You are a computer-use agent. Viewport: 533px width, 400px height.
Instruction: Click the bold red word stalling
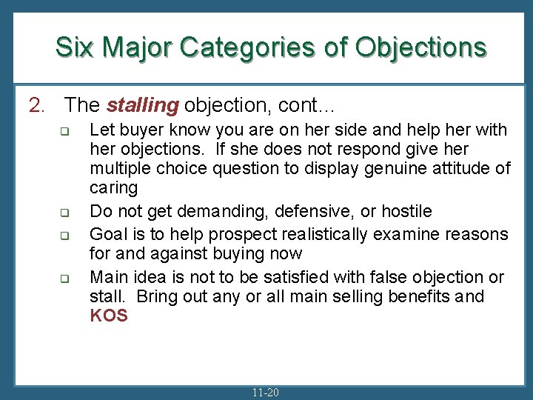pos(143,105)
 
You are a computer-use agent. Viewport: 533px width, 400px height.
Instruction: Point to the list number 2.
pos(36,105)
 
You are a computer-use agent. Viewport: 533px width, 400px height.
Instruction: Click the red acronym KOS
pos(109,316)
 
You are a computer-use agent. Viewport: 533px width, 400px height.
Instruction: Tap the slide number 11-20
pos(265,392)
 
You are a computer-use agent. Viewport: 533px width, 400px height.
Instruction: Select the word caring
pos(114,188)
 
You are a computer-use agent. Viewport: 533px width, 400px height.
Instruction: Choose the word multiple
pos(119,168)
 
